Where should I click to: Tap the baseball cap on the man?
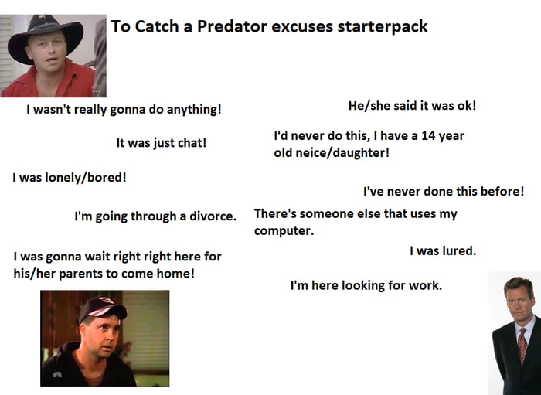point(100,308)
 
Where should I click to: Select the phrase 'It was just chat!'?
point(161,143)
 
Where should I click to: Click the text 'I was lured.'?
point(442,250)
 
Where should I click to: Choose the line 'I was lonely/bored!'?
point(69,177)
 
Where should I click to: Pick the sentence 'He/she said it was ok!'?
point(412,106)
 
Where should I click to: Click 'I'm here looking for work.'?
point(366,285)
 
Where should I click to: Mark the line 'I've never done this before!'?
point(443,191)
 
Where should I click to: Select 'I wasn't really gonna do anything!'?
point(124,109)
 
